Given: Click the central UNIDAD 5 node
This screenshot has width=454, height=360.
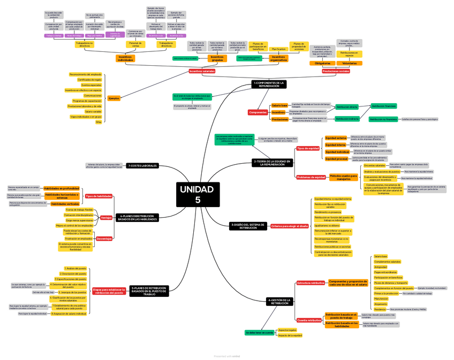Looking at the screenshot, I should click(x=197, y=194).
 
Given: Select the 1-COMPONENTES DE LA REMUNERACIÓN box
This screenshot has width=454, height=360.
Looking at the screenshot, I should click(x=269, y=85).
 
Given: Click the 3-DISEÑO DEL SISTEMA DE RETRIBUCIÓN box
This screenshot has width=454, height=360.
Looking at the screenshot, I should click(x=248, y=226).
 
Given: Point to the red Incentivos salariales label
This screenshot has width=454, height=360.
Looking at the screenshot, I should click(x=202, y=71).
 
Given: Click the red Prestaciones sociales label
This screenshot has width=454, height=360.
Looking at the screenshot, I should click(x=336, y=71).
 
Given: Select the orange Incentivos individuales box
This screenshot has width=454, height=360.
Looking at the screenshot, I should click(x=125, y=58).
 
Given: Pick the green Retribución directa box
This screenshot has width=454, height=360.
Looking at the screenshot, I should click(x=346, y=107).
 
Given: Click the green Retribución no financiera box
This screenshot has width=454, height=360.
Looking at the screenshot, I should click(x=383, y=119).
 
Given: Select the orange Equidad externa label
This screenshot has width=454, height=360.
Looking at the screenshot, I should click(x=336, y=138).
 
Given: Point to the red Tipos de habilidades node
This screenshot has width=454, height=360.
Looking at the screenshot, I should click(x=99, y=196).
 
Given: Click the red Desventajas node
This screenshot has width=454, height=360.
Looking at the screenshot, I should click(x=104, y=239).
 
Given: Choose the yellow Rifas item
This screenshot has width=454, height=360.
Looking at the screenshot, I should click(x=99, y=122).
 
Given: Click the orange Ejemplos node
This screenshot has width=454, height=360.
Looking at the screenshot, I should click(x=113, y=98).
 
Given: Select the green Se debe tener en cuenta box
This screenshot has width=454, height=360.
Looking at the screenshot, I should click(x=260, y=333).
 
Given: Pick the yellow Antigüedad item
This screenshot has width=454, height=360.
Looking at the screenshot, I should click(x=381, y=267).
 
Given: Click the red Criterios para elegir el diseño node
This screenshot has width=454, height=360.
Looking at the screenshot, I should click(x=290, y=226).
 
